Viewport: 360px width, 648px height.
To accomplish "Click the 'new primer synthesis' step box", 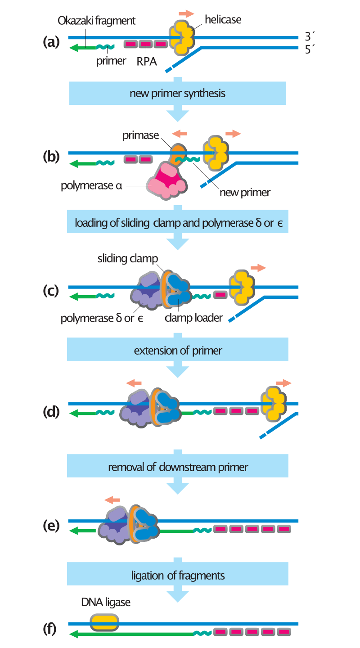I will tap(177, 94).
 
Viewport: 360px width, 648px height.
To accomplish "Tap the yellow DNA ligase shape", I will tap(104, 623).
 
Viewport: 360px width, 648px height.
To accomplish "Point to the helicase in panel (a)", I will tap(181, 38).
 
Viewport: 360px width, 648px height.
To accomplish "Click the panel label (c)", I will tap(51, 291).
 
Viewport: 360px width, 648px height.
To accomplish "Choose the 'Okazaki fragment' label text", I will tap(97, 21).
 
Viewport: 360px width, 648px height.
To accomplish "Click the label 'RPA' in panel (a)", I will tap(147, 61).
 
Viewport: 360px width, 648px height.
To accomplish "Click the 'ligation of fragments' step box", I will tap(177, 576).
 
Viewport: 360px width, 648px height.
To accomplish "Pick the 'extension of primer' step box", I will tap(177, 351).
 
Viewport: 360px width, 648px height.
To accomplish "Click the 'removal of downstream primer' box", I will tap(177, 467).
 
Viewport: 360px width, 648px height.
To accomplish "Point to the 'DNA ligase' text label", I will tap(106, 603).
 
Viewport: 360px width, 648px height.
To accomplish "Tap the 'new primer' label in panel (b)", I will tap(245, 193).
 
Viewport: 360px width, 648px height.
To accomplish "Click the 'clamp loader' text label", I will tap(193, 318).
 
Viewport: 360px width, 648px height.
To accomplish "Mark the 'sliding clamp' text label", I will tap(128, 259).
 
